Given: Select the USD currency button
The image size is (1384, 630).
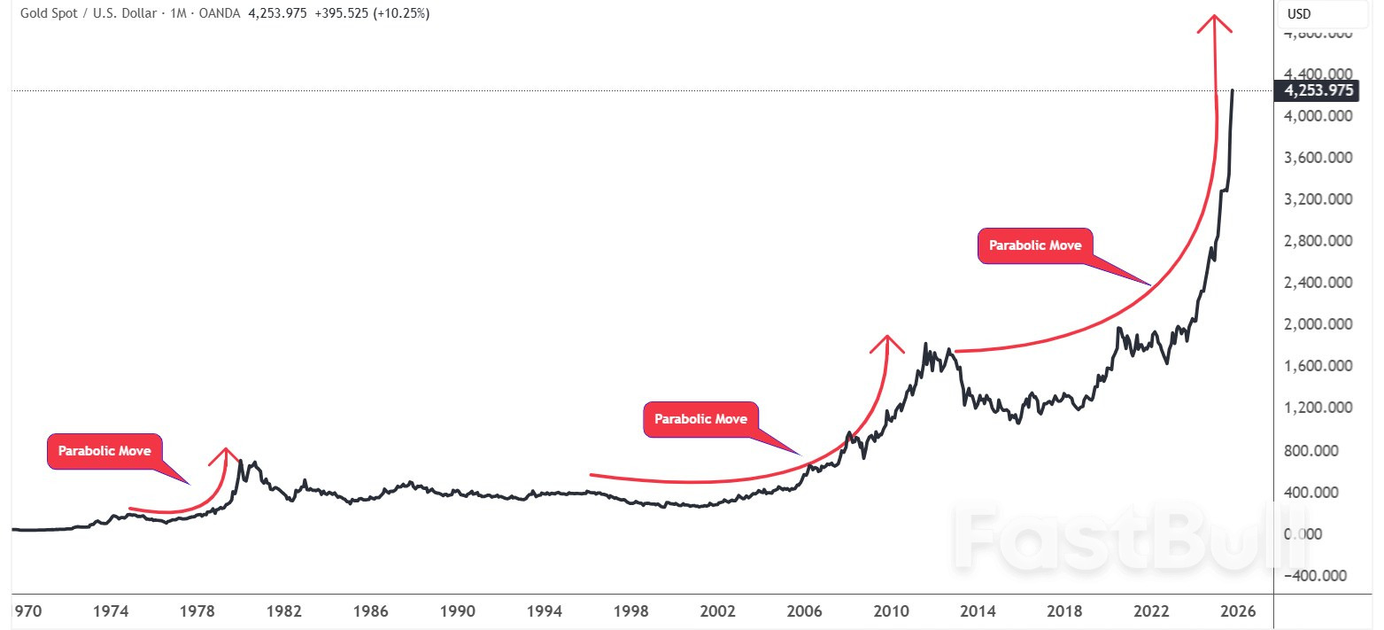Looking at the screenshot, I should [x=1299, y=14].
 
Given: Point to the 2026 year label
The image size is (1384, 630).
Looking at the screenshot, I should [x=1239, y=611].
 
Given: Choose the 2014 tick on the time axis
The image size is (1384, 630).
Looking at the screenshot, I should [x=978, y=611].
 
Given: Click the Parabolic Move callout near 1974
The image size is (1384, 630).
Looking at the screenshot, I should [x=104, y=451].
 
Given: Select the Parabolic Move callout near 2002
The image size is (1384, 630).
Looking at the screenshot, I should [x=700, y=419].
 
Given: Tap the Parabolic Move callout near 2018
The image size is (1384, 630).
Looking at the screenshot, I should [x=1035, y=245].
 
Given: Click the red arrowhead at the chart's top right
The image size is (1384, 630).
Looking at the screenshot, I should [x=1214, y=23].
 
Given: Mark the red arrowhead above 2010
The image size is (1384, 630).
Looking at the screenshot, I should [x=886, y=342].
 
